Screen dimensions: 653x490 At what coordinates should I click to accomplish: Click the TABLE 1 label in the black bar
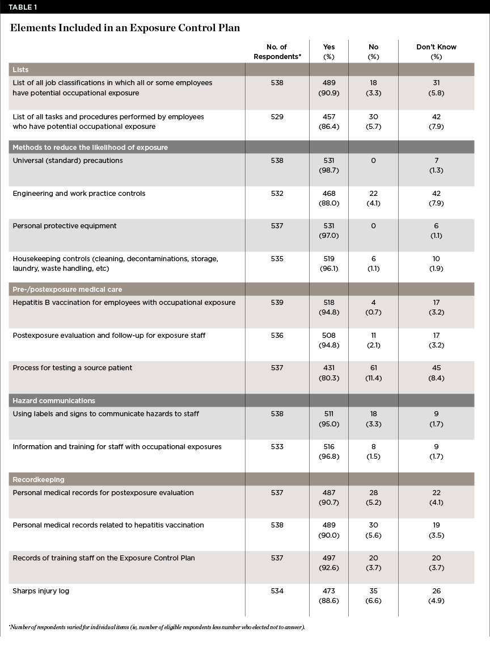(x=21, y=6)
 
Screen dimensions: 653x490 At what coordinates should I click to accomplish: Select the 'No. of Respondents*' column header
(x=277, y=52)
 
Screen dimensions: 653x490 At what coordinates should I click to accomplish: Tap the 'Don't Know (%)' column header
(x=436, y=52)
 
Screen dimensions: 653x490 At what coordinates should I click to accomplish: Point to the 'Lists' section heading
(x=21, y=70)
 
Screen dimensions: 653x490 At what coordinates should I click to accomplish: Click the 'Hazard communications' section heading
(x=54, y=401)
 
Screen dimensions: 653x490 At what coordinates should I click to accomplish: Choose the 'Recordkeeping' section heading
(x=39, y=480)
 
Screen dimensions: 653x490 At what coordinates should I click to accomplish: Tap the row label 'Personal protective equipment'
(x=65, y=226)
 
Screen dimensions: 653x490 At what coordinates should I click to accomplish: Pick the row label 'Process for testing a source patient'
(x=73, y=368)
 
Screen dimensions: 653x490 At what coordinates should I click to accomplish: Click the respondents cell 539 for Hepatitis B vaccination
(x=277, y=303)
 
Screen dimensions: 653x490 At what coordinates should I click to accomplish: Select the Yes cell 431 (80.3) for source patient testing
(x=329, y=373)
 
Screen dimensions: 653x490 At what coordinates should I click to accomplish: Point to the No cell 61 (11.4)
(x=373, y=373)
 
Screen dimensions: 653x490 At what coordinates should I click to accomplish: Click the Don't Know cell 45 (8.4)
(x=436, y=373)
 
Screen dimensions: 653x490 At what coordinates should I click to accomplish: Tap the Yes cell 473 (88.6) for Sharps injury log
(x=329, y=596)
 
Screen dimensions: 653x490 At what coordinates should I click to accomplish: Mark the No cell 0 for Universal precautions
(x=373, y=161)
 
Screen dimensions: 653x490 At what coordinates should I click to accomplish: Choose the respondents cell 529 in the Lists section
(x=277, y=117)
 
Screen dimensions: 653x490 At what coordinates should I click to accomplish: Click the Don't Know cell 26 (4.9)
(x=436, y=596)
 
